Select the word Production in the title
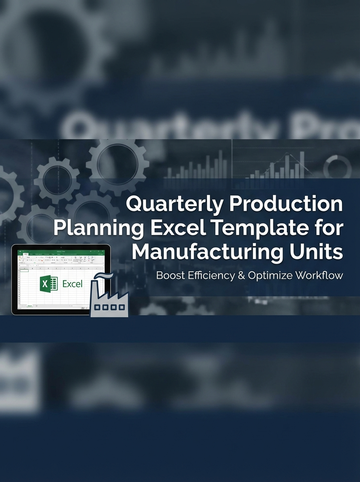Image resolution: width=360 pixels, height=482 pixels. pyautogui.click(x=286, y=204)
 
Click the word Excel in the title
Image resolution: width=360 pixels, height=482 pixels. pyautogui.click(x=171, y=228)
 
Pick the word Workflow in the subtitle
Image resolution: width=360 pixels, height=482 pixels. pyautogui.click(x=319, y=276)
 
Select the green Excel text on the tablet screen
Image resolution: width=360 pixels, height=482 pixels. pyautogui.click(x=72, y=284)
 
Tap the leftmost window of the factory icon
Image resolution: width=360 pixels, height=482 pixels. pyautogui.click(x=97, y=307)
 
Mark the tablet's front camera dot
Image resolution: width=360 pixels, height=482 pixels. pyautogui.click(x=61, y=247)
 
